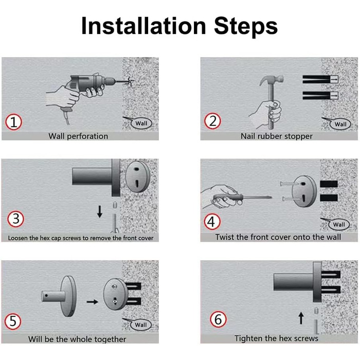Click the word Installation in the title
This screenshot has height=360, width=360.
click(x=143, y=26)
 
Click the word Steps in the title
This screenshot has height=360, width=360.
click(x=246, y=26)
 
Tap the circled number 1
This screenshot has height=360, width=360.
click(x=14, y=122)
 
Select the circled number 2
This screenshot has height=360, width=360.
click(x=212, y=121)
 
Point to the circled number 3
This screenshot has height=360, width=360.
click(x=15, y=219)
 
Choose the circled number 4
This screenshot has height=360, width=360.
click(x=212, y=222)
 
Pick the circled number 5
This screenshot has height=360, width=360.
click(x=13, y=321)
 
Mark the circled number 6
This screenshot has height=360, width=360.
click(x=218, y=319)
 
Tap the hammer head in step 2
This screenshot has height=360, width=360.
click(x=272, y=80)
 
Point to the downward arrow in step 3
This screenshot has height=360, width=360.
click(x=100, y=211)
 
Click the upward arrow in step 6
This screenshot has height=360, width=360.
click(x=301, y=318)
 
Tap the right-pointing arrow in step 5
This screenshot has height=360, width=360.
click(x=92, y=302)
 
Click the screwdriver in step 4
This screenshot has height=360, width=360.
click(x=242, y=197)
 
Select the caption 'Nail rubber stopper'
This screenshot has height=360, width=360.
click(x=277, y=136)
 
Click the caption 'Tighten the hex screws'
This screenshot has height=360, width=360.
click(x=276, y=338)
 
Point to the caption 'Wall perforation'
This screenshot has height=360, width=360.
click(x=78, y=136)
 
